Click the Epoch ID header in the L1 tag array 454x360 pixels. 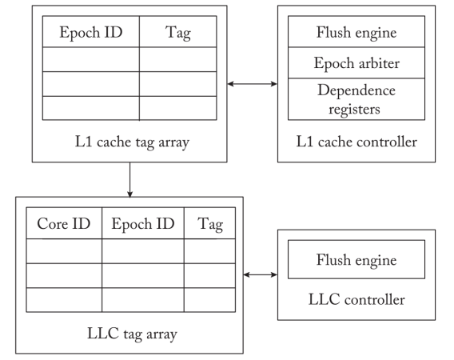91,31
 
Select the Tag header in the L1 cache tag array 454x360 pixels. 177,31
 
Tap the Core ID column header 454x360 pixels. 64,223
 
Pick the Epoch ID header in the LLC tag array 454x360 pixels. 143,223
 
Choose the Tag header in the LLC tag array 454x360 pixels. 209,223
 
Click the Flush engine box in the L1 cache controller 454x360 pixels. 356,31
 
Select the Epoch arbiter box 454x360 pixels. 356,62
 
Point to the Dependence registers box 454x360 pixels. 356,99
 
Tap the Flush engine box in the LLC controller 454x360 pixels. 356,259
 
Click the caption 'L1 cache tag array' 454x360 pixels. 132,142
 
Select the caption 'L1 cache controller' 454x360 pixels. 356,142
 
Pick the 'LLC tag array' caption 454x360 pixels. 132,334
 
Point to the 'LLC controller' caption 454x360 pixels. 356,299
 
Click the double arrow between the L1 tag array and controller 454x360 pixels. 253,84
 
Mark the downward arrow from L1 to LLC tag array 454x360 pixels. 130,180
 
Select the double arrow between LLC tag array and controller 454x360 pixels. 261,274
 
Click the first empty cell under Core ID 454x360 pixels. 64,251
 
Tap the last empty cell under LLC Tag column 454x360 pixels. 209,300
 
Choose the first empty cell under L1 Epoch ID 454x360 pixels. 91,59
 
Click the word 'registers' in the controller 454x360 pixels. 354,110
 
